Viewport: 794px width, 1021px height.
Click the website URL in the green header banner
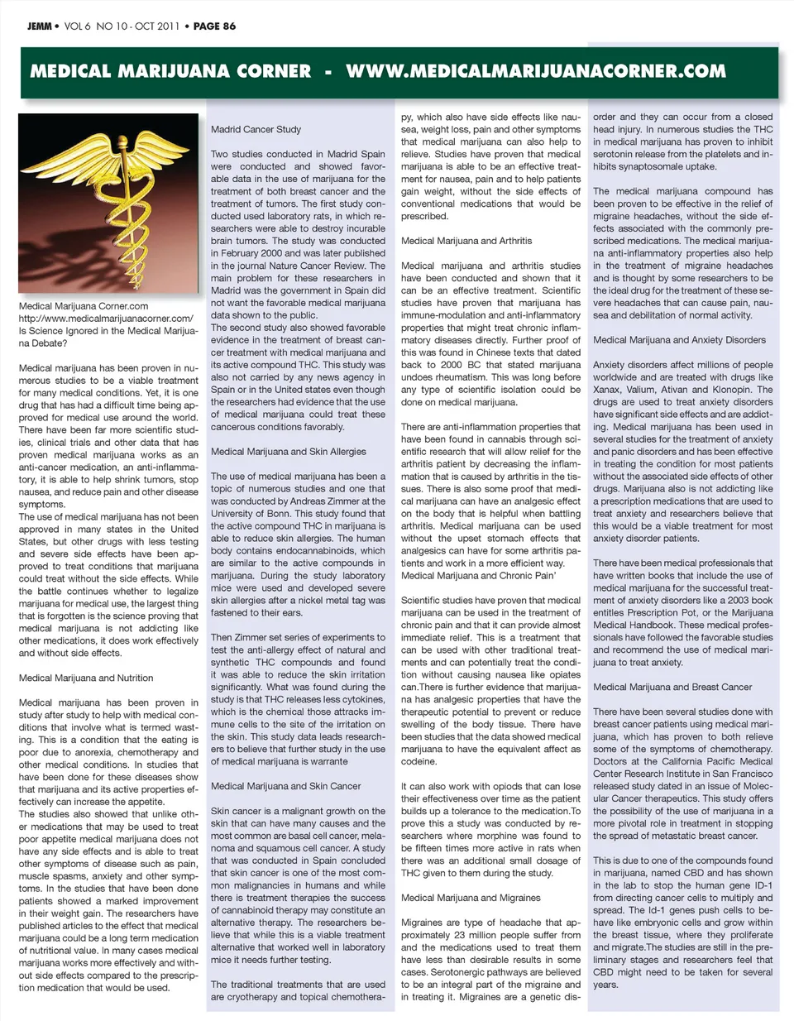[535, 71]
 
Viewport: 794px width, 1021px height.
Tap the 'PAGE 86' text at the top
[214, 26]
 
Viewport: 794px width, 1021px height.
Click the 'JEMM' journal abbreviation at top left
[38, 26]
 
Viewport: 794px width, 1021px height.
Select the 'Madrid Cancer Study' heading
[256, 130]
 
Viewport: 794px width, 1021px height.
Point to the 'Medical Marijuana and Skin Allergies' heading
[288, 452]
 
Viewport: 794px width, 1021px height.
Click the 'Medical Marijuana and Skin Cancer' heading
[285, 786]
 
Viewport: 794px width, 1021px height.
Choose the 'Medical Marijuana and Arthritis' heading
[466, 241]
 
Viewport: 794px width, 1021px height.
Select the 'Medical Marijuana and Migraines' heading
[471, 898]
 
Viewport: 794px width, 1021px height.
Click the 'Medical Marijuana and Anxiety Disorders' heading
[679, 340]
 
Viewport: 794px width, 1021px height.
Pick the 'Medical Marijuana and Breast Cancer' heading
[672, 687]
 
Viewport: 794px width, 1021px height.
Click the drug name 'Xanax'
[607, 390]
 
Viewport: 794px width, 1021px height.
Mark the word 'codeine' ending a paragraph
[419, 761]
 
